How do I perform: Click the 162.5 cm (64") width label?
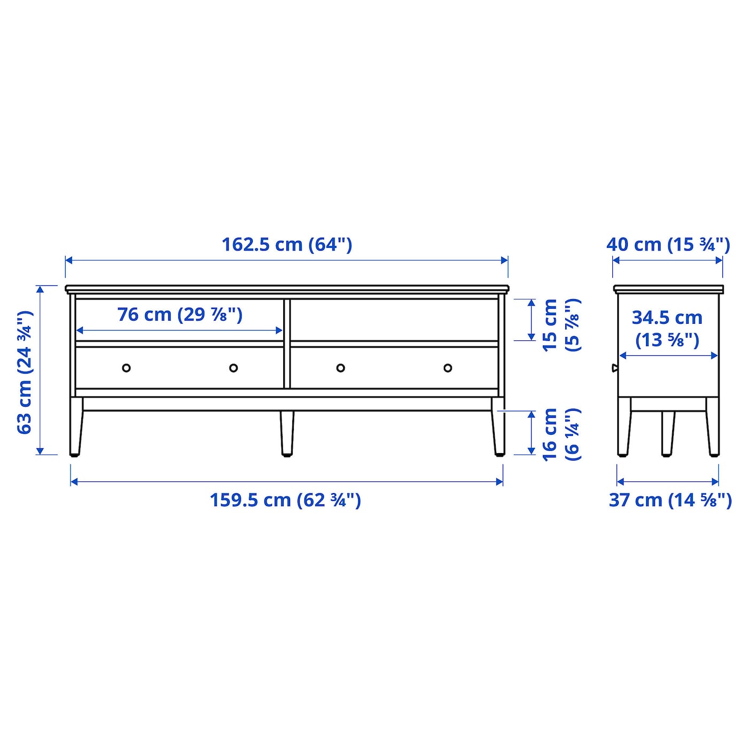pos(286,245)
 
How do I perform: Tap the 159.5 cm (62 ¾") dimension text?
pos(285,500)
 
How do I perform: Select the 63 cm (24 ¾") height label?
pos(25,372)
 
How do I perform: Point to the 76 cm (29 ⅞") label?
pos(180,315)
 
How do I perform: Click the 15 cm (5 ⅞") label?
pos(562,325)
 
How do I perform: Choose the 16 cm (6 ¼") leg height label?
pos(562,435)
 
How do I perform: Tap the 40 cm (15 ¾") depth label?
pos(668,245)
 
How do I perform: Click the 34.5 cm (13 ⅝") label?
pos(667,329)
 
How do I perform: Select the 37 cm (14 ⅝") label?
pos(671,500)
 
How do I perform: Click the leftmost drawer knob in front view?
pos(126,368)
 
